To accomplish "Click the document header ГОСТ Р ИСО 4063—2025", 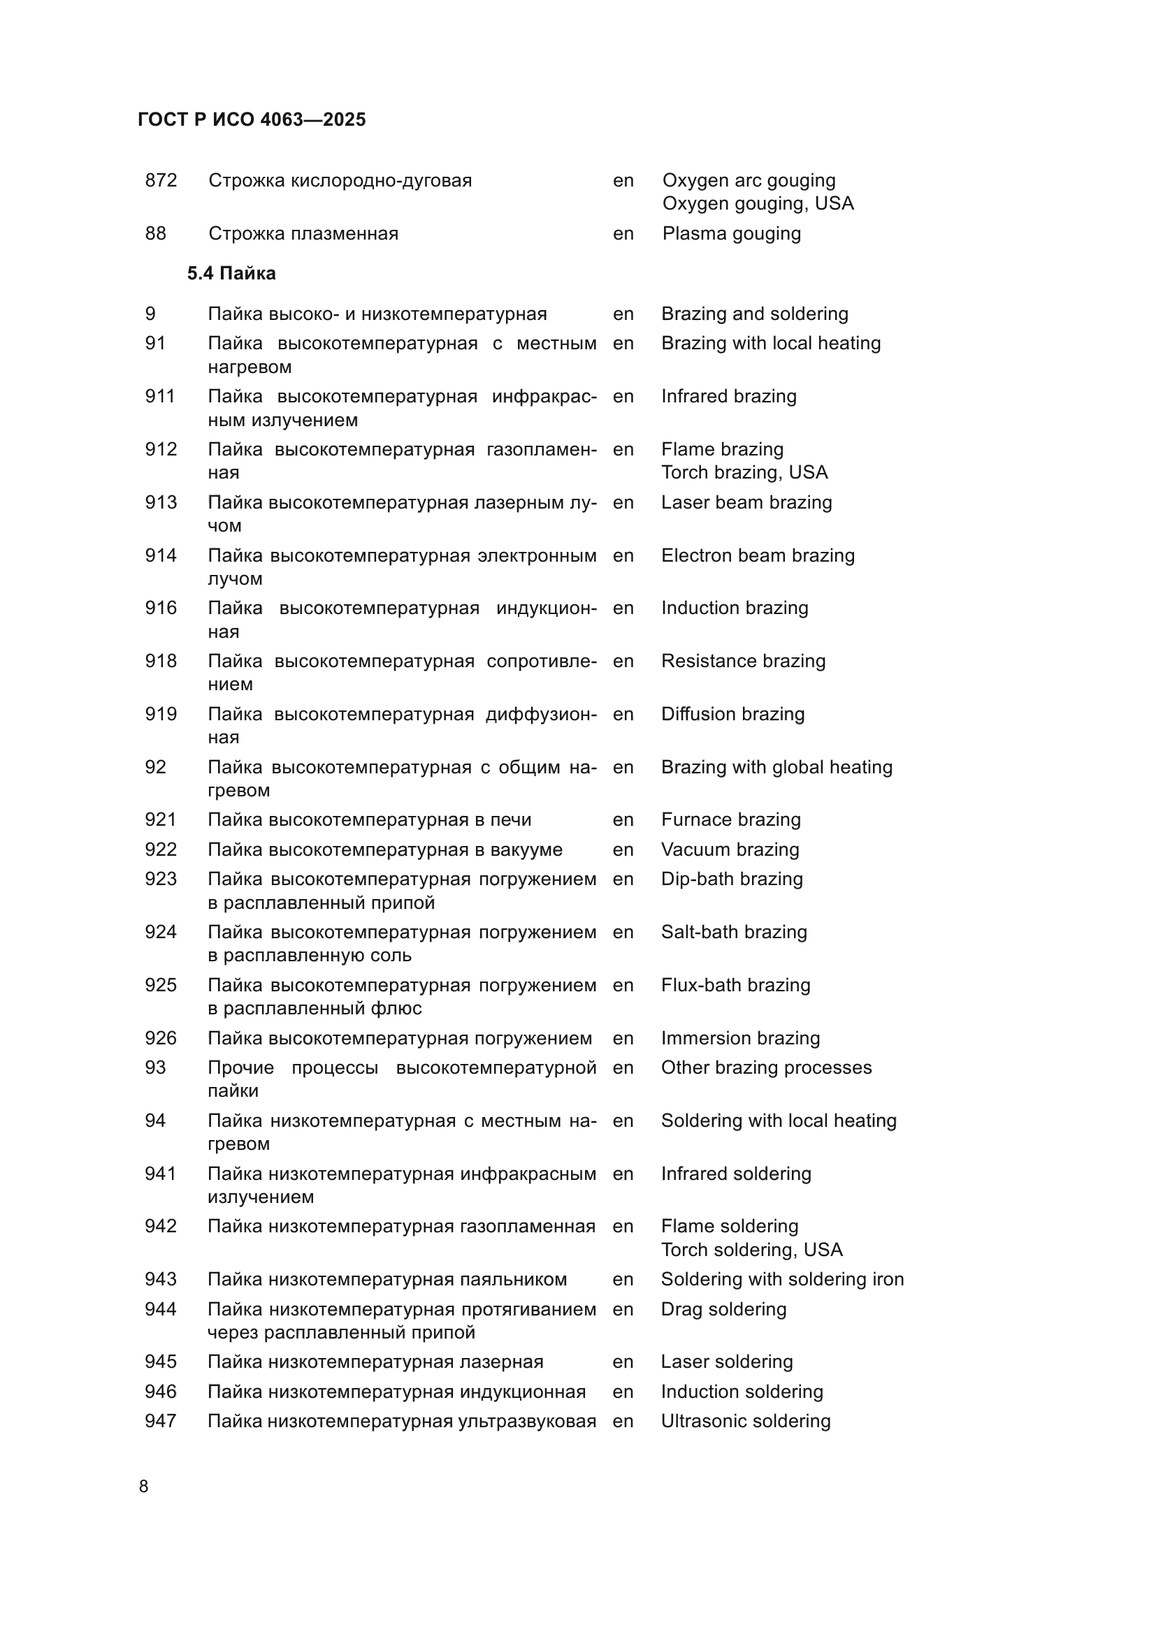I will pyautogui.click(x=252, y=119).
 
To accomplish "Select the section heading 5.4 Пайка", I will pyautogui.click(x=231, y=273).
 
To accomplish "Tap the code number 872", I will pyautogui.click(x=161, y=180).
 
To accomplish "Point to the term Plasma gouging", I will pyautogui.click(x=731, y=233).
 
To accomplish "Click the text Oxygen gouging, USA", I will pyautogui.click(x=758, y=203).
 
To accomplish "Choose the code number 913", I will pyautogui.click(x=161, y=502).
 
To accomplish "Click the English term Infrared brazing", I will pyautogui.click(x=728, y=396).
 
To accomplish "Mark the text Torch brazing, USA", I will pyautogui.click(x=744, y=472).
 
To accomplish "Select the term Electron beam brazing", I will pyautogui.click(x=758, y=555).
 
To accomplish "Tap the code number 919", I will pyautogui.click(x=161, y=714).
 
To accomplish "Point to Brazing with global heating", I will pyautogui.click(x=776, y=767).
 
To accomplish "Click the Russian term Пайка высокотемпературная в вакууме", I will pyautogui.click(x=385, y=849).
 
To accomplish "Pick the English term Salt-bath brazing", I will pyautogui.click(x=733, y=933).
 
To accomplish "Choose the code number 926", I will pyautogui.click(x=161, y=1038).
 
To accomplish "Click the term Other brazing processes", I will pyautogui.click(x=766, y=1067).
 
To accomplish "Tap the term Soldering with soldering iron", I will pyautogui.click(x=781, y=1280).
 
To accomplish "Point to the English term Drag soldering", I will pyautogui.click(x=723, y=1309).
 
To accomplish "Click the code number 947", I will pyautogui.click(x=161, y=1421).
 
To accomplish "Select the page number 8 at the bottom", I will pyautogui.click(x=144, y=1487).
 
